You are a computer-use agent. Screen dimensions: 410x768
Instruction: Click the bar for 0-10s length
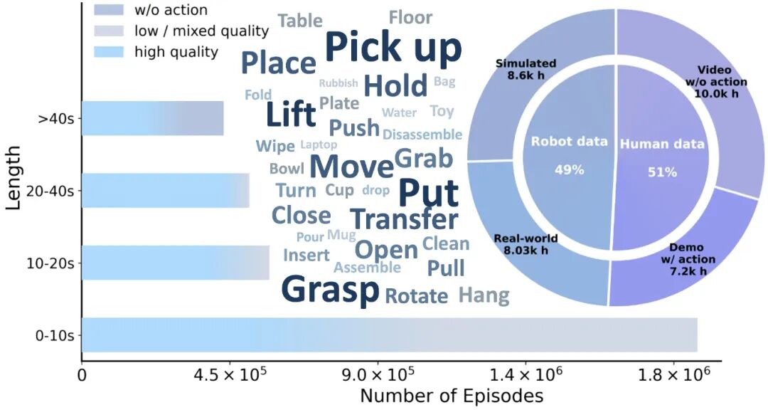(389, 335)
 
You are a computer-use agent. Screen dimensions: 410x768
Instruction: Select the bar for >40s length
(152, 118)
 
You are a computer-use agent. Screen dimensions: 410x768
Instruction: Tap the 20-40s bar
(165, 190)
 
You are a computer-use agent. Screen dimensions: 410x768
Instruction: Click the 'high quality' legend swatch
(109, 51)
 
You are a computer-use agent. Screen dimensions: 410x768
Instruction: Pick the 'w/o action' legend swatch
(109, 10)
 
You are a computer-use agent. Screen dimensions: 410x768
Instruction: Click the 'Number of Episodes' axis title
(452, 396)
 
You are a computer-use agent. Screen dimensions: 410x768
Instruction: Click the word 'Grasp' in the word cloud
(330, 289)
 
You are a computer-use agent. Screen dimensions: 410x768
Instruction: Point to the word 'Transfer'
(404, 219)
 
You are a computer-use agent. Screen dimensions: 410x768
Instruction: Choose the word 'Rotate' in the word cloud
(417, 296)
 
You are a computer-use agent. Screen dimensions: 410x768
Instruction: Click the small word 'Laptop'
(319, 145)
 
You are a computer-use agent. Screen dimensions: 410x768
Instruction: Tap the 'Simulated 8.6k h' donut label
(526, 68)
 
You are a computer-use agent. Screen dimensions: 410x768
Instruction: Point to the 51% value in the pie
(662, 172)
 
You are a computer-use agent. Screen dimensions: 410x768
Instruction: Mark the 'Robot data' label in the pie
(570, 142)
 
